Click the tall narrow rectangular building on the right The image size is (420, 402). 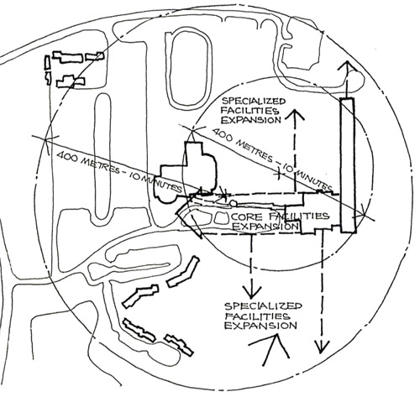click(x=348, y=165)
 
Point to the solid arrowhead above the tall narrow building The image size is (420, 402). click(x=347, y=66)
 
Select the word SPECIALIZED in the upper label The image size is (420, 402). click(x=254, y=101)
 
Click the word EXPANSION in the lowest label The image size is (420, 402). click(x=260, y=326)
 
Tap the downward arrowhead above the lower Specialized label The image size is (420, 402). click(x=251, y=291)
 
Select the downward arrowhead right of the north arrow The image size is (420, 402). click(x=323, y=347)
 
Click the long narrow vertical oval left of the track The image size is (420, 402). click(x=102, y=156)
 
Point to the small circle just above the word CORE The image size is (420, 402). click(x=233, y=204)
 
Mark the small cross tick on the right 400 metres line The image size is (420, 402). click(x=279, y=173)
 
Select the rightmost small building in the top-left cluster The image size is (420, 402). click(x=95, y=56)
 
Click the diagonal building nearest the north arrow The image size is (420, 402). click(x=179, y=345)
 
